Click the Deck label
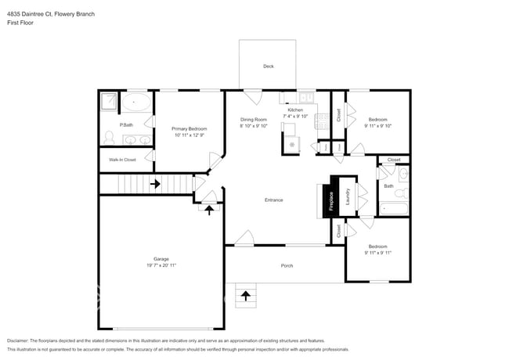[x=268, y=67]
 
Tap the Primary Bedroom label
[x=190, y=128]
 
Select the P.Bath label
[x=126, y=125]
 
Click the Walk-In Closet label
[x=122, y=160]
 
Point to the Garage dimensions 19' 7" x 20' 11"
[x=161, y=268]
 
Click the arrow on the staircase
[x=155, y=185]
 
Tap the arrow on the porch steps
[x=247, y=295]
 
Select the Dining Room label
[x=254, y=119]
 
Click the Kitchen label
[x=295, y=110]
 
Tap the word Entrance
[x=273, y=200]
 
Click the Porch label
[x=287, y=266]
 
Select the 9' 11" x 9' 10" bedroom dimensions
[x=378, y=125]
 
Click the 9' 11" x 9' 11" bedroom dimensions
[x=378, y=253]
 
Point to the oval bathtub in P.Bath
[x=138, y=101]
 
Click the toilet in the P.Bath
[x=109, y=139]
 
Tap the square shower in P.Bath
[x=109, y=101]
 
